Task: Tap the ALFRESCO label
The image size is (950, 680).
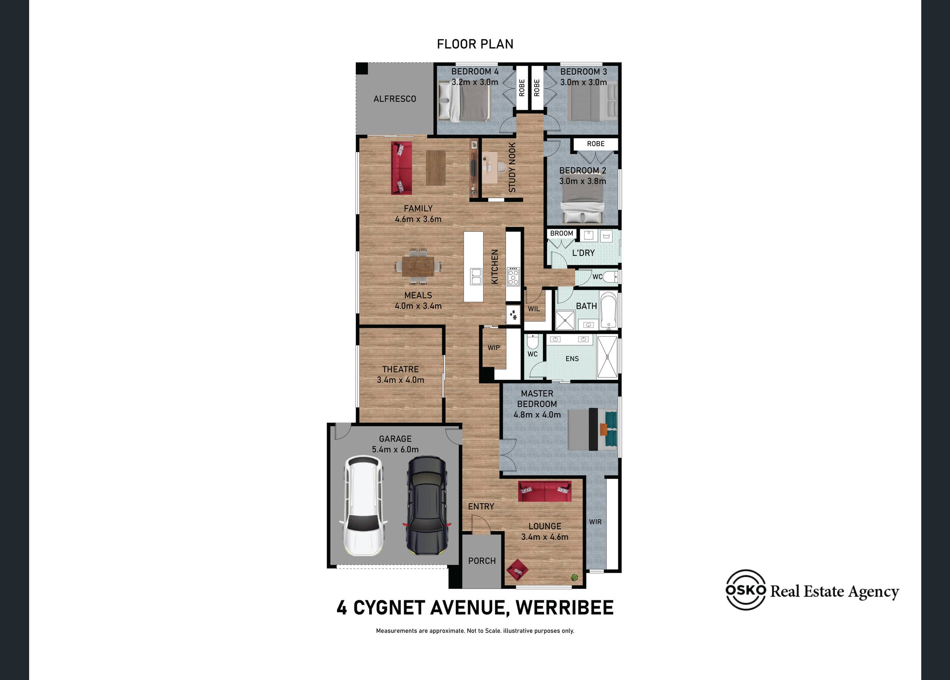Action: click(395, 99)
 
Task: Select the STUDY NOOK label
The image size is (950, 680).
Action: click(512, 167)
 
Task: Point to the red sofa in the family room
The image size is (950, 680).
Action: click(401, 168)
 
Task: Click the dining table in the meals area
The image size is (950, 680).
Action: click(418, 267)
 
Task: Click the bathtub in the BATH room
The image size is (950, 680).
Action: click(608, 310)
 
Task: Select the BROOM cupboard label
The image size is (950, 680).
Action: click(561, 233)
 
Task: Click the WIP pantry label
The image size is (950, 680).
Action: click(493, 348)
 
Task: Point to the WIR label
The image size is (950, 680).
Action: click(595, 522)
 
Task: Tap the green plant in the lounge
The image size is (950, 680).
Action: click(574, 577)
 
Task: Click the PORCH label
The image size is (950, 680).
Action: click(482, 561)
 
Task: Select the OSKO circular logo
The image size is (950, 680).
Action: click(745, 590)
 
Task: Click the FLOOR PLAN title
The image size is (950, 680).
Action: click(475, 44)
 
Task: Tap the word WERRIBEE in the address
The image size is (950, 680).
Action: click(565, 608)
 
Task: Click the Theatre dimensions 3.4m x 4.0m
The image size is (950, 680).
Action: click(400, 380)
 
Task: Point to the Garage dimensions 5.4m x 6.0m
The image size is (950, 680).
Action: click(395, 449)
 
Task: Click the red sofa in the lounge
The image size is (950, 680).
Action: click(545, 491)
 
